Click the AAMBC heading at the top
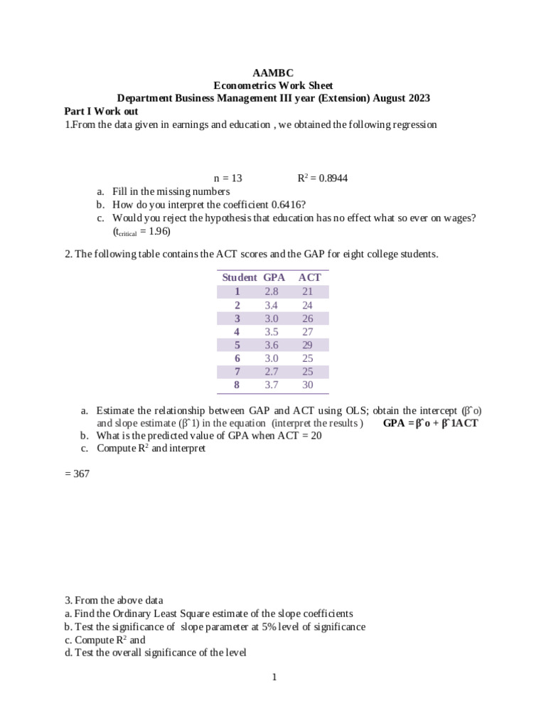[x=273, y=73]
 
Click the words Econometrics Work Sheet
[x=273, y=85]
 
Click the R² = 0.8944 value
[x=322, y=178]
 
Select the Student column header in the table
[x=239, y=277]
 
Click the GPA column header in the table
[x=274, y=277]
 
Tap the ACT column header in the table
[x=310, y=277]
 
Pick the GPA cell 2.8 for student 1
[x=272, y=291]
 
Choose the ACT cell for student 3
[x=308, y=318]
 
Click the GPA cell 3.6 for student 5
[x=272, y=345]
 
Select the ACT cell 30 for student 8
[x=308, y=385]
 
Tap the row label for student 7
[x=237, y=371]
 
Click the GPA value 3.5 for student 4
[x=272, y=331]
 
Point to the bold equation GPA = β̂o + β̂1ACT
[x=431, y=423]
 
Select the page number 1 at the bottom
[x=273, y=677]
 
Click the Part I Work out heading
[x=101, y=112]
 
